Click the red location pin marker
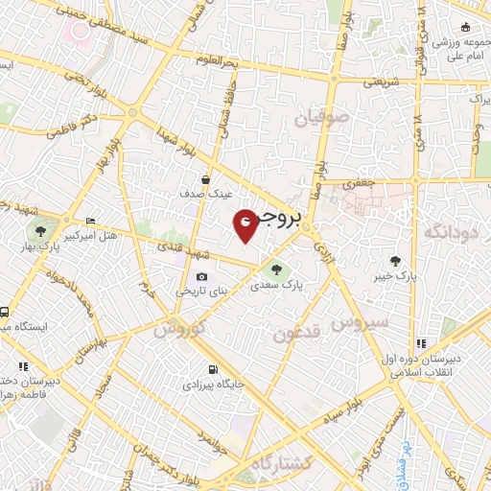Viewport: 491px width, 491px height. (245, 224)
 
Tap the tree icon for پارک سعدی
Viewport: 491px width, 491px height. (277, 269)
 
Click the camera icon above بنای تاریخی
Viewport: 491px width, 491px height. (201, 277)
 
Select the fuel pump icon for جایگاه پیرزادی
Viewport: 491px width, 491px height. (212, 369)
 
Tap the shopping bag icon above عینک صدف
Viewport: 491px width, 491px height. (205, 179)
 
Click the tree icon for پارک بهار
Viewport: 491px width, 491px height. (40, 230)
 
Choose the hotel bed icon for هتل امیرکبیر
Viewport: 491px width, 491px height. (91, 221)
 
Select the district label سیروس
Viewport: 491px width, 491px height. (360, 323)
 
